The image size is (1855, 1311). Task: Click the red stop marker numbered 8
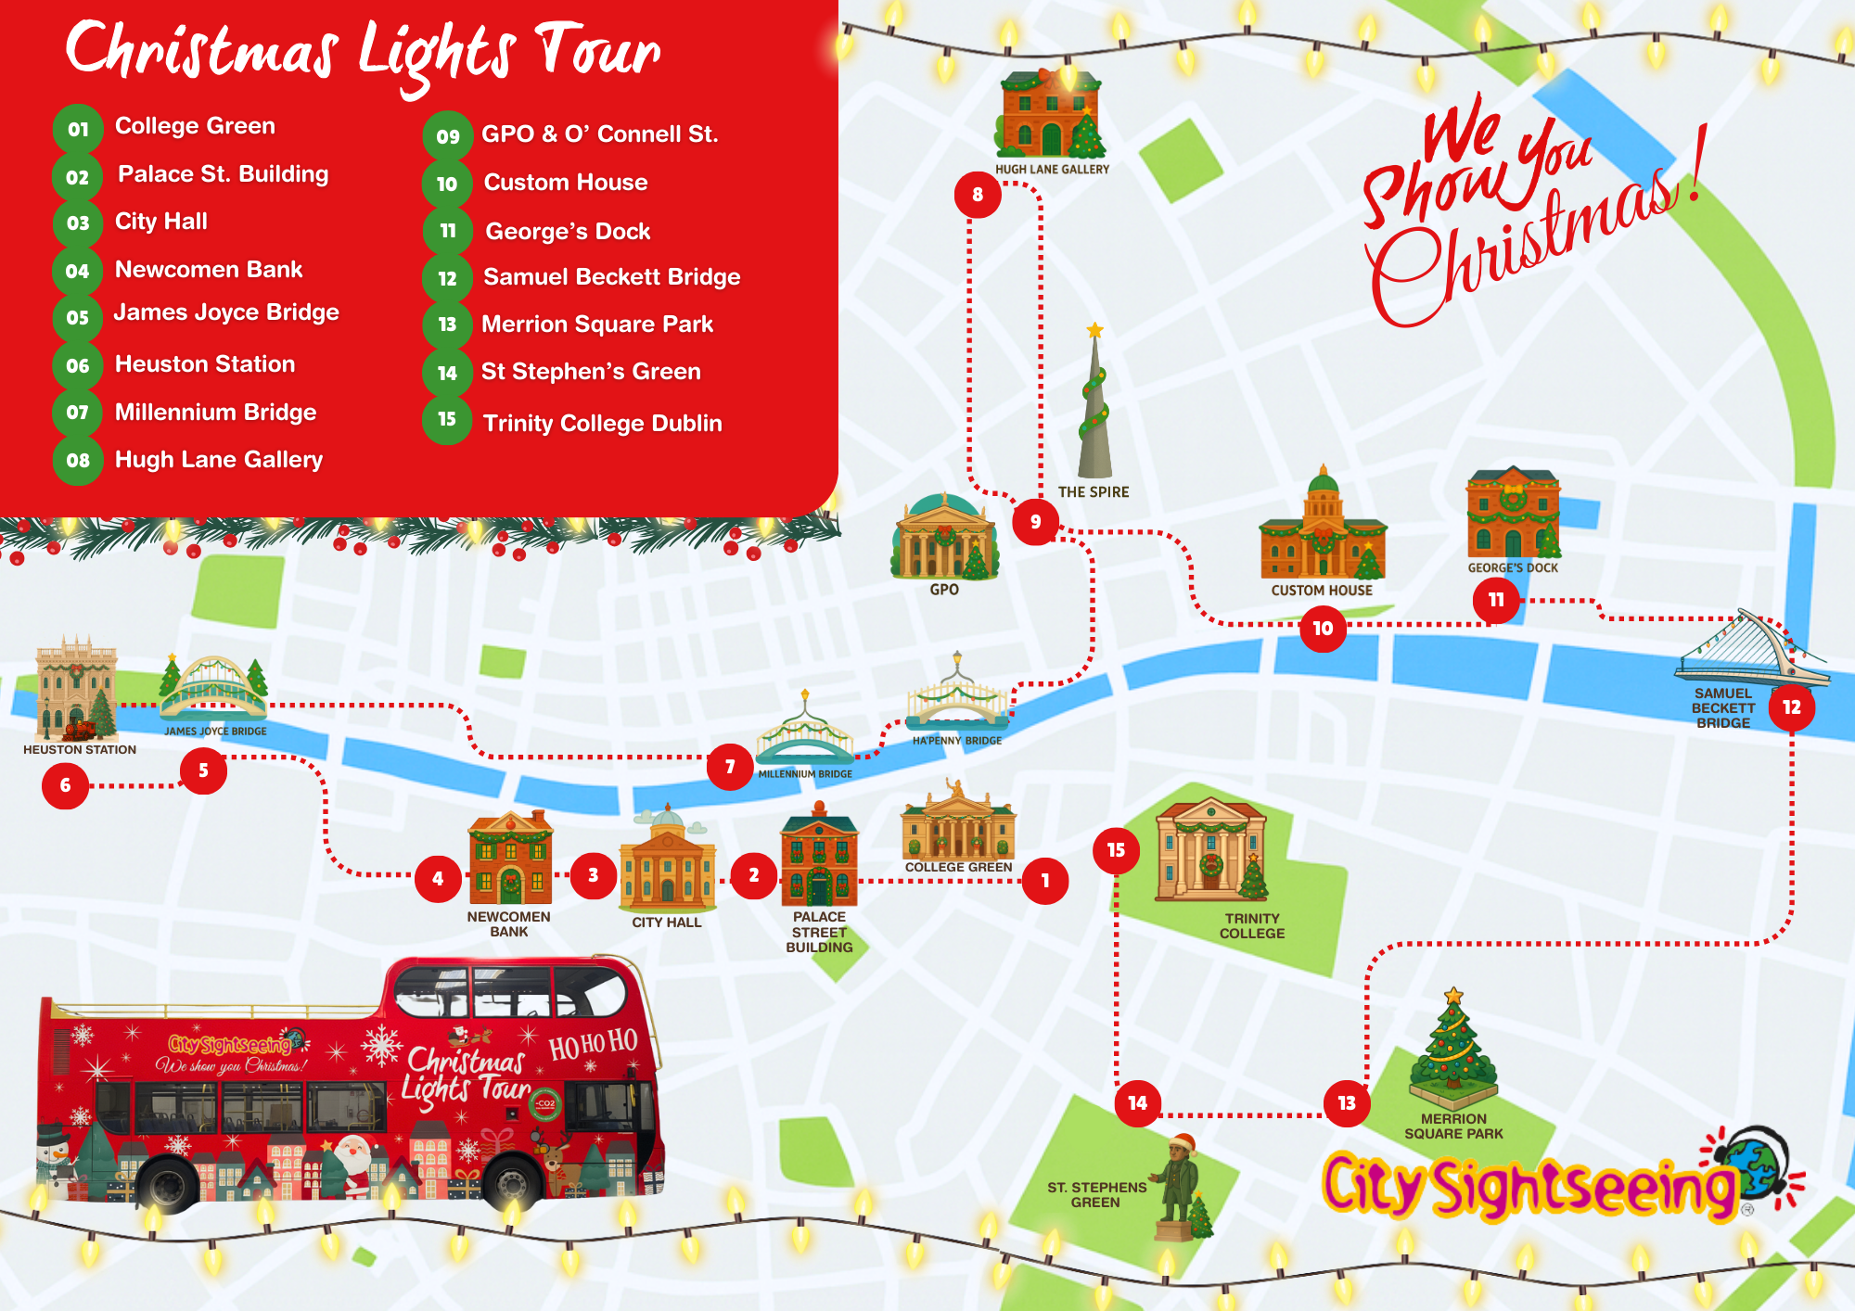pos(978,195)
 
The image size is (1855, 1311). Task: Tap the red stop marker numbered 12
pos(1791,707)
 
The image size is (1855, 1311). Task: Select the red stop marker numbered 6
pos(65,785)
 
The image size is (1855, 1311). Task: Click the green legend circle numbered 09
pos(448,136)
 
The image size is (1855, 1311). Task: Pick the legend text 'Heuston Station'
pos(205,364)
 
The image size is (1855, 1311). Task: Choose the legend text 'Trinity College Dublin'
pos(602,424)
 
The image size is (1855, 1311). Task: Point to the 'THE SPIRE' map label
pos(1094,492)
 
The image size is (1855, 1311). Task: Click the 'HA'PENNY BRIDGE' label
pos(956,741)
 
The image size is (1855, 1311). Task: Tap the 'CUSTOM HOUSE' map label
pos(1322,591)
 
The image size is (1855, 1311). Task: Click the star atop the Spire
pos(1095,329)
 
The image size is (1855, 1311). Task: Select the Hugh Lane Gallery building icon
pos(1050,115)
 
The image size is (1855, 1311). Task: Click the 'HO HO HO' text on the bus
pos(594,1044)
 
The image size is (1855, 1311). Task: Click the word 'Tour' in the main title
pos(599,51)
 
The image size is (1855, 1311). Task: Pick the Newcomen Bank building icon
pos(510,859)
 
